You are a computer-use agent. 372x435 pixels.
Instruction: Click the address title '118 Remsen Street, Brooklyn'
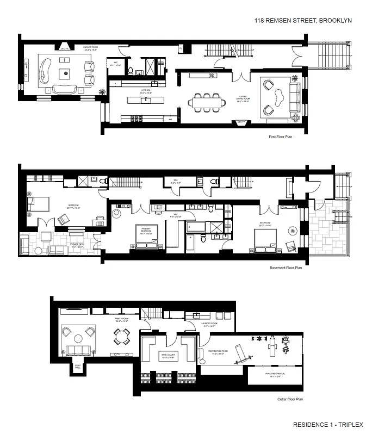pos(303,20)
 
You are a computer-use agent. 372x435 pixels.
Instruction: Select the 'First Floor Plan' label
pos(281,137)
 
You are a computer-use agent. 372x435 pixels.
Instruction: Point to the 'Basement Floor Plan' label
pos(286,268)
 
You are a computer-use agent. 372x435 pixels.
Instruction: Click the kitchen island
pos(146,100)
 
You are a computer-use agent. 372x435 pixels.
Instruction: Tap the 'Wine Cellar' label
pos(168,356)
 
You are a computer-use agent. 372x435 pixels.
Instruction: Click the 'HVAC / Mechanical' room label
pos(264,375)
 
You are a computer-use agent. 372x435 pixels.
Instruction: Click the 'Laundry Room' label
pos(209,327)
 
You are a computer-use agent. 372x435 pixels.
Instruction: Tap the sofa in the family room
pos(78,350)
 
